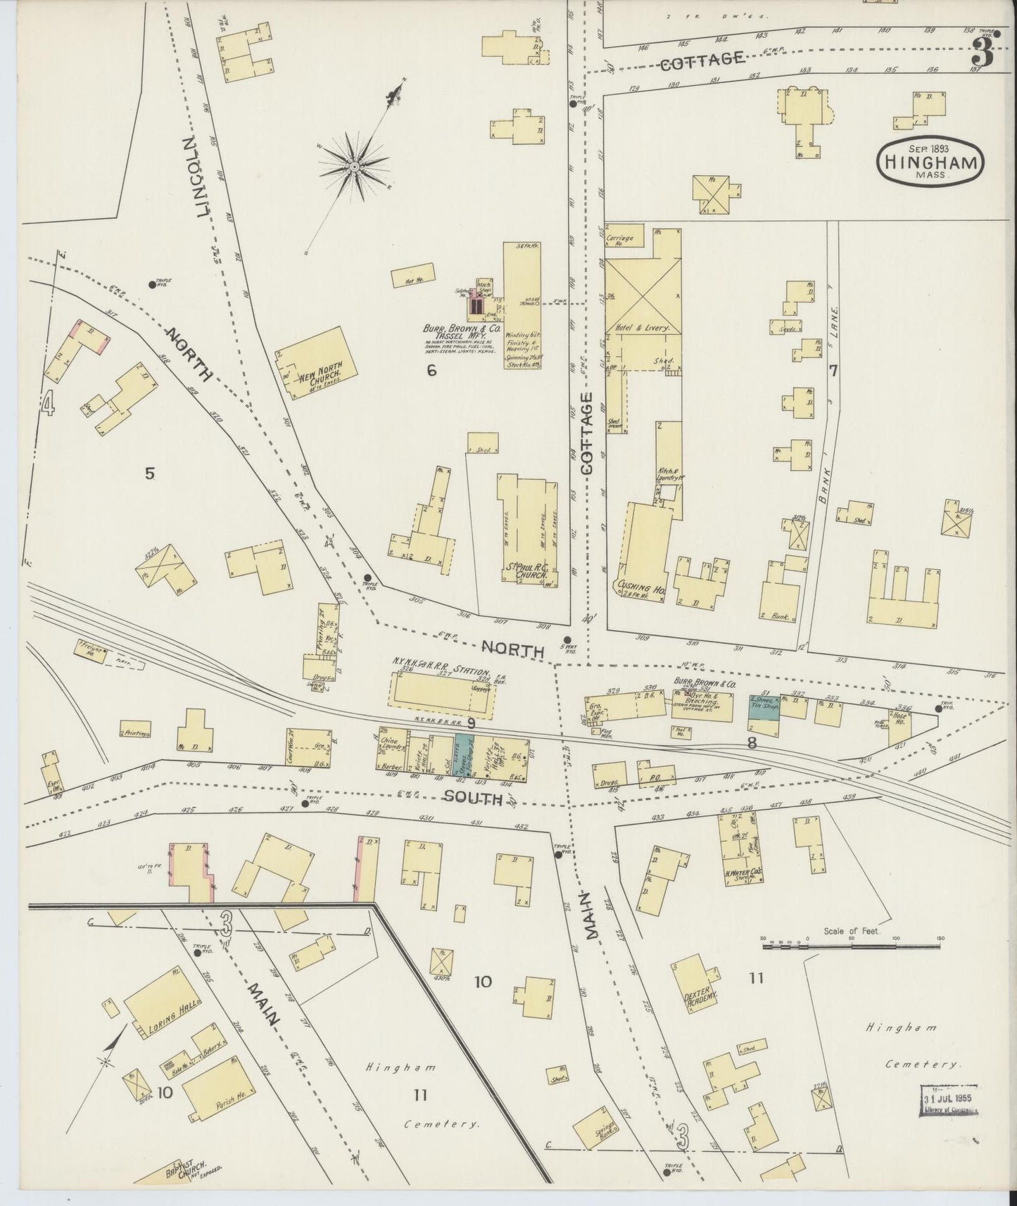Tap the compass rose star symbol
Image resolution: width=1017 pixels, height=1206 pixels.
(354, 167)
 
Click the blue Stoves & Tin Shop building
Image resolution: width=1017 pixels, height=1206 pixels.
(764, 706)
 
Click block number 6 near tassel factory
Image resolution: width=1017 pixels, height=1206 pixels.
(431, 370)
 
